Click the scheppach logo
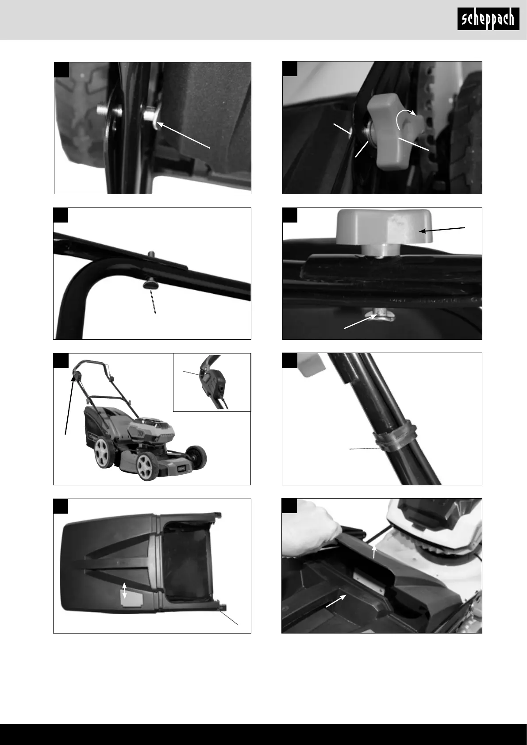pos(488,19)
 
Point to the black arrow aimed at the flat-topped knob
pos(442,230)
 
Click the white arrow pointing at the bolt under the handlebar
pos(361,322)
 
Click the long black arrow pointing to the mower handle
pos(69,404)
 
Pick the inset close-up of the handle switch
pos(212,382)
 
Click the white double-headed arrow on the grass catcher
pos(124,590)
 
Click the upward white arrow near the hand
pos(374,551)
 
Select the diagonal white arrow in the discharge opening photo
pos(336,601)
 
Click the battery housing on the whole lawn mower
pos(151,429)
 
